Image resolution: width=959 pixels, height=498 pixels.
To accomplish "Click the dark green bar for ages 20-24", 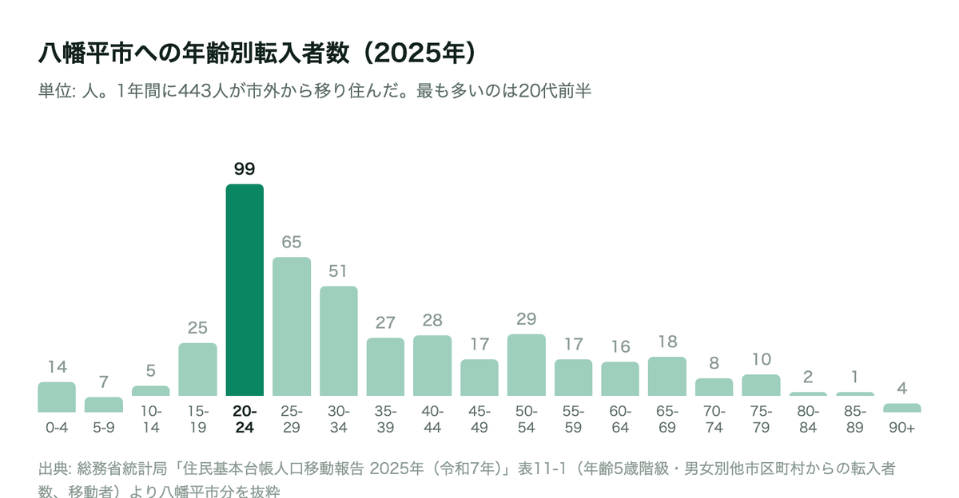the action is (245, 290).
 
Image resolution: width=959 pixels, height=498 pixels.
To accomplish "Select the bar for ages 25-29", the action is (292, 326).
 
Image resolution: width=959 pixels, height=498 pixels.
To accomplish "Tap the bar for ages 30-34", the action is (339, 341).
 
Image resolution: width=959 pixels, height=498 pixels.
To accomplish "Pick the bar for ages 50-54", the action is (526, 365).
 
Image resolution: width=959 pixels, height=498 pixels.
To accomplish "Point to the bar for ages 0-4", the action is (57, 397).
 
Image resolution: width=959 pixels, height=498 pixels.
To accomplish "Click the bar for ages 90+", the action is (902, 408).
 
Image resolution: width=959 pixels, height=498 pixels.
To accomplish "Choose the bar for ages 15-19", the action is (198, 370).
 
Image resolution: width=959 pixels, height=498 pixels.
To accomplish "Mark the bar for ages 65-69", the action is (667, 377).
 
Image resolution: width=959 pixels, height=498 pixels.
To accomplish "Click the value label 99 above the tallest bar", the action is (245, 169).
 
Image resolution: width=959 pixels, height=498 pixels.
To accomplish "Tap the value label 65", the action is (292, 242).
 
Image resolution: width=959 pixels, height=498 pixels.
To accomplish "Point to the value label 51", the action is (338, 271).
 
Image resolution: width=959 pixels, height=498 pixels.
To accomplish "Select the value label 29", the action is (526, 319).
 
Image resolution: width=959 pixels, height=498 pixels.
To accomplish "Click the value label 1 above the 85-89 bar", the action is (854, 377).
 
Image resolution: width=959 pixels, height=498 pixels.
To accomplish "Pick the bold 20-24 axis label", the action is (245, 419).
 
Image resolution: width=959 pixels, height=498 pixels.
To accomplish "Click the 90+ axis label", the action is (901, 428).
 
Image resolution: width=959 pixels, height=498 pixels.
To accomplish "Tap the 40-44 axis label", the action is (432, 419).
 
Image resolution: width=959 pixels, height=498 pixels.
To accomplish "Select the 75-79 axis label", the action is (761, 419).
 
